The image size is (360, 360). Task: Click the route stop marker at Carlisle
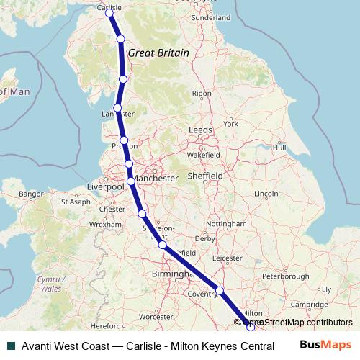[109, 13]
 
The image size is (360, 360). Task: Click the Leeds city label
[200, 130]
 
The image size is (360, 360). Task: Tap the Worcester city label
[156, 316]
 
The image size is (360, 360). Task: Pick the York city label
[230, 124]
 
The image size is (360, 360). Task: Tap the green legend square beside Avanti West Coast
[10, 345]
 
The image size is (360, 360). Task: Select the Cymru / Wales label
[52, 283]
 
